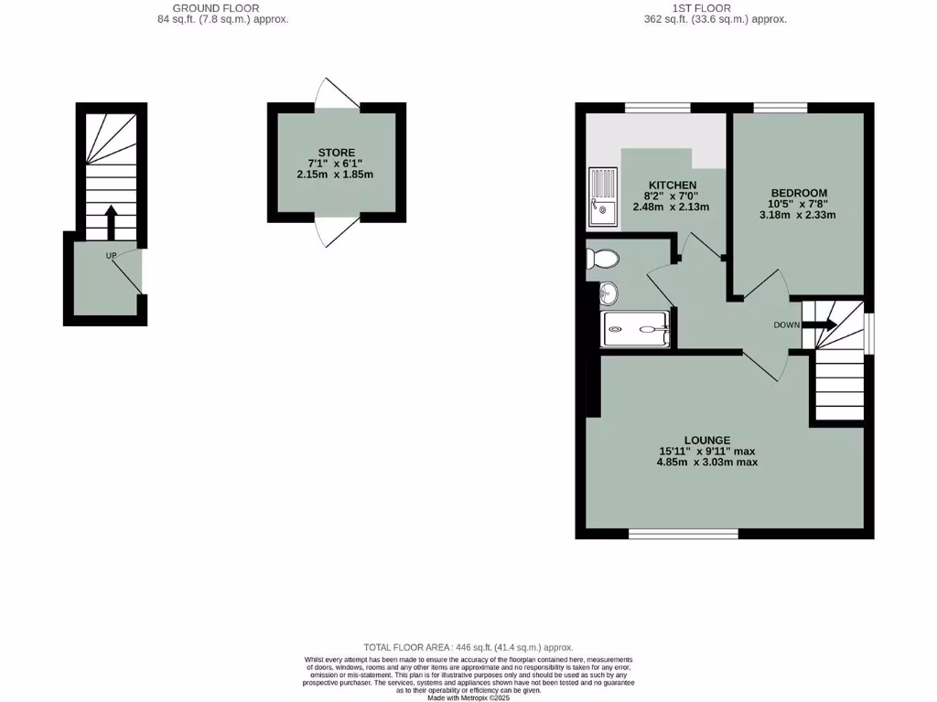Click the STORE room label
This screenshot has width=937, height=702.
point(336,153)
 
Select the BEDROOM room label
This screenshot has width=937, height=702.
point(798,193)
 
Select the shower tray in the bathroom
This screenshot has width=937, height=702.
point(635,329)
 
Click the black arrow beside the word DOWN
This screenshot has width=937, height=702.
point(820,324)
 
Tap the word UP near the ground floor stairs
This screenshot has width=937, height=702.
point(111,256)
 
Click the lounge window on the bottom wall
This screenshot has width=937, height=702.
point(684,533)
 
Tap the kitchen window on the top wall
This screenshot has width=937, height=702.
point(657,108)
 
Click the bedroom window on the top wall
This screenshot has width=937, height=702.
point(781,108)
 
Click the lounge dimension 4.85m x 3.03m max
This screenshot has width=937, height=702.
point(707,463)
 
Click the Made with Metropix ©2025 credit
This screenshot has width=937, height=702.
point(468,697)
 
